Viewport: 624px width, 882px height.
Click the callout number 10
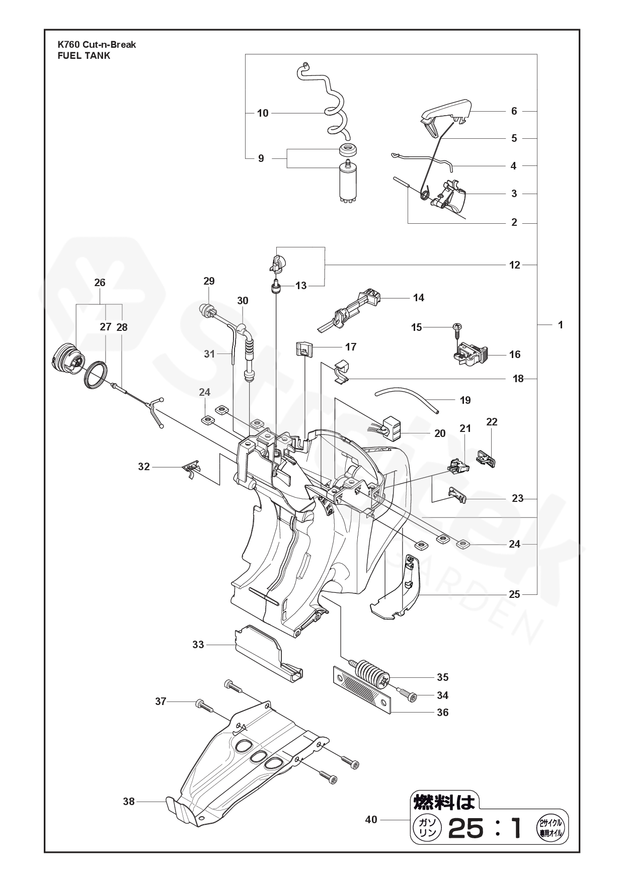pos(263,113)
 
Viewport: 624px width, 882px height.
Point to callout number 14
pos(418,298)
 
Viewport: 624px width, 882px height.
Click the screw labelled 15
pos(458,328)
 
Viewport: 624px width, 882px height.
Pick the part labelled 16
pos(469,354)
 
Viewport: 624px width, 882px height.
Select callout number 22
pos(492,422)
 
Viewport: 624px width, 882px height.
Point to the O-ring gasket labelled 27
pos(96,374)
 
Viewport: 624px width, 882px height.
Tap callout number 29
pos(209,281)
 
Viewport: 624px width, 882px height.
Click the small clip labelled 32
pos(190,469)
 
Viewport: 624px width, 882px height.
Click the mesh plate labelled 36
pos(362,690)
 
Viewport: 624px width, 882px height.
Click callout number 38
pos(129,801)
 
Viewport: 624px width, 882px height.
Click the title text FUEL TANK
pos(84,56)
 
